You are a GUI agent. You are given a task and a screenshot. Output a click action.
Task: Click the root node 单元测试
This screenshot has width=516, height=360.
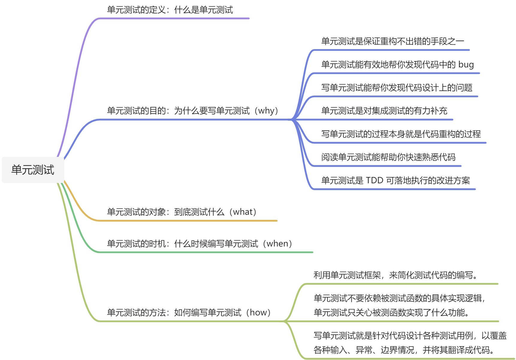point(33,170)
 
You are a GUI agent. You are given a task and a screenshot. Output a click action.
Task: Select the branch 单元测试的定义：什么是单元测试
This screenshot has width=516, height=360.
point(170,10)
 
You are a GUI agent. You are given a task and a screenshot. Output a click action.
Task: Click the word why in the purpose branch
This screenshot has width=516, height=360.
point(266,111)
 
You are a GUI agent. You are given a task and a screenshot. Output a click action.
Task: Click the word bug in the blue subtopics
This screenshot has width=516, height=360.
point(466,64)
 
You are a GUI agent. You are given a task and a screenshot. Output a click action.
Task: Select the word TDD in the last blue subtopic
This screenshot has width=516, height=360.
point(375,180)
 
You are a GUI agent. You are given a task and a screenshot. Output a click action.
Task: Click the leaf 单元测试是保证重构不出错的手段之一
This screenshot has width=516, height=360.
point(393,41)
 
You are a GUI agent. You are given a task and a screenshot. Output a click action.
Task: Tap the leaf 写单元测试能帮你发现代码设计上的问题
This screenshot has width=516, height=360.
point(397,87)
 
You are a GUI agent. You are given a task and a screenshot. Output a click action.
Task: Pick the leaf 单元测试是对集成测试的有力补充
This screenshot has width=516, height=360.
point(384,111)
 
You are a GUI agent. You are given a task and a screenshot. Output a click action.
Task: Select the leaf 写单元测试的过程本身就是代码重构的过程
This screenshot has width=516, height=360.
point(401,134)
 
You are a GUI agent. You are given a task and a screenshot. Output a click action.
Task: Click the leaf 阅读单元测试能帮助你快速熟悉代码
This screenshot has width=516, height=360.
point(388,157)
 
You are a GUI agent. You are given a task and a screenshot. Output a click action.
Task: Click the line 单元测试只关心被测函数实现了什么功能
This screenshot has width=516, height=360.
point(391,312)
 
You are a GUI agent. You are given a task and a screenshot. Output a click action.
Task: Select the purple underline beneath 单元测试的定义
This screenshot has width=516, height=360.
point(174,19)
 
